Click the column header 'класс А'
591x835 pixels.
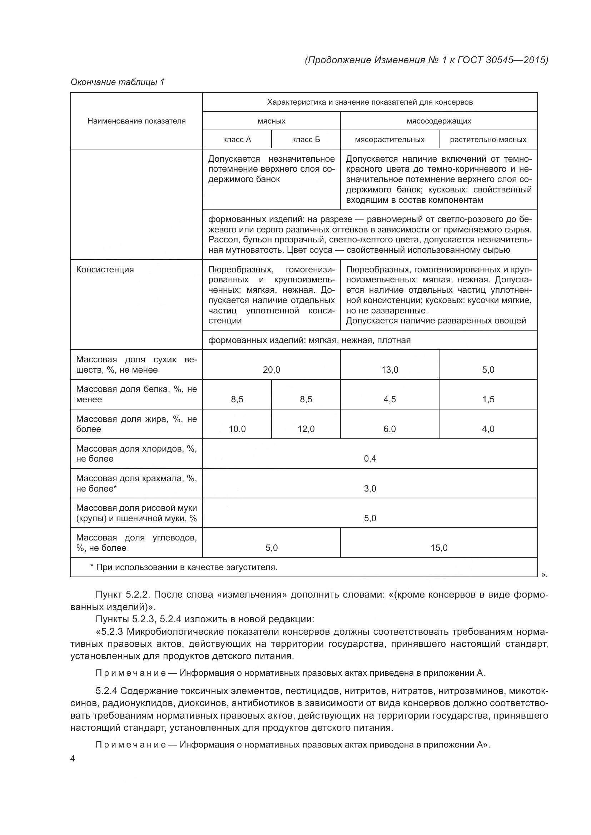237,140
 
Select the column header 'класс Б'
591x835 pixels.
306,140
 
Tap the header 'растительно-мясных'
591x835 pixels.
488,140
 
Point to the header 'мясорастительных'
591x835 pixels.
389,140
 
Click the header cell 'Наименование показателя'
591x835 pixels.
136,121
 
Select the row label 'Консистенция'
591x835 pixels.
105,270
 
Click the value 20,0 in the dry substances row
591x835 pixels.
272,370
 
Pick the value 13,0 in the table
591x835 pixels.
389,370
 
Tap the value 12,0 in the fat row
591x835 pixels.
306,429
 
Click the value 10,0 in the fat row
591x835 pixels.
237,429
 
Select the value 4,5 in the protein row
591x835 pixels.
389,399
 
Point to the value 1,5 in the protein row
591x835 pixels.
488,399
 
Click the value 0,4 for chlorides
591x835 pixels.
370,459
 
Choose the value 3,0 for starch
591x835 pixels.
370,489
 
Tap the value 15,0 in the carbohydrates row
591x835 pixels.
439,548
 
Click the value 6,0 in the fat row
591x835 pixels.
389,429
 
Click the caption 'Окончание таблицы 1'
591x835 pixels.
118,82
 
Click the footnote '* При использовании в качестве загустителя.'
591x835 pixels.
184,567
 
